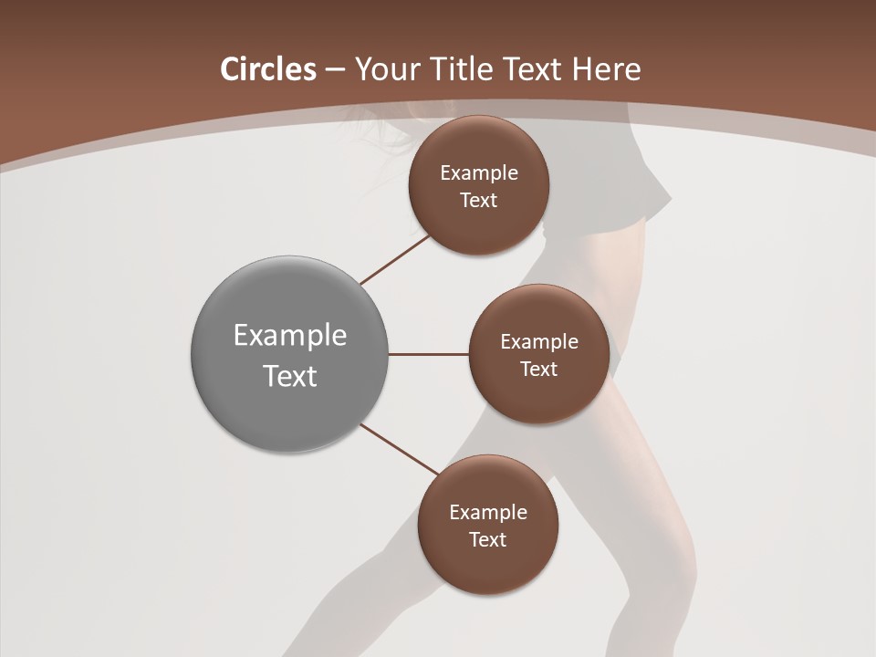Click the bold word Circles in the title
point(268,69)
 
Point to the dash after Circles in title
point(335,70)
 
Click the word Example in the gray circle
point(290,336)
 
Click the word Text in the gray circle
point(290,376)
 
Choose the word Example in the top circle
point(479,173)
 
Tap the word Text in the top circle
point(479,201)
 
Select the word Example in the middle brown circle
point(539,342)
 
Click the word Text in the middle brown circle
point(539,370)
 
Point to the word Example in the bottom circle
point(488,513)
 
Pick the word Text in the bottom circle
point(488,540)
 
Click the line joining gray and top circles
point(395,259)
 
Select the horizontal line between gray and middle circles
point(428,354)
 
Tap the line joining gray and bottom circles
point(400,449)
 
